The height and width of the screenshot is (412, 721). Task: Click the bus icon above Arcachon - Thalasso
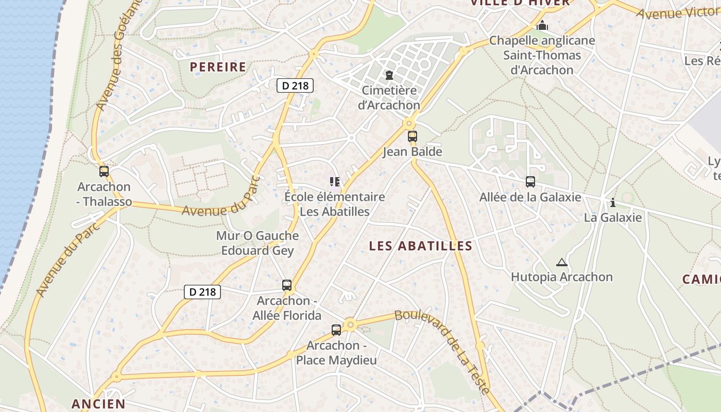point(104,171)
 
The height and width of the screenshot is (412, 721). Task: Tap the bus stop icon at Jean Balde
point(413,136)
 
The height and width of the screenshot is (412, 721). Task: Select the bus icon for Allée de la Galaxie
point(530,182)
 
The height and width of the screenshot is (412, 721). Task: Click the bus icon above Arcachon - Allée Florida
point(287,285)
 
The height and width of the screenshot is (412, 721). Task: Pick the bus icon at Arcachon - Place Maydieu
point(336,330)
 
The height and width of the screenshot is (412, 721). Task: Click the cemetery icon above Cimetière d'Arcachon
point(389,76)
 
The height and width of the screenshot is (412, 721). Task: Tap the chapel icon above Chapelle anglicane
point(542,25)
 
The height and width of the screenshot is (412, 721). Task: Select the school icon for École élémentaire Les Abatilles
point(335,181)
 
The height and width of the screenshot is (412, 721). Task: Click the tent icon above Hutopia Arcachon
point(561,262)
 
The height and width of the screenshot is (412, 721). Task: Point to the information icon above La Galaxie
point(613,202)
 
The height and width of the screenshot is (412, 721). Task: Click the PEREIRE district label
point(218,67)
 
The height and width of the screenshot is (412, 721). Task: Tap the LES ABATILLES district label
point(420,246)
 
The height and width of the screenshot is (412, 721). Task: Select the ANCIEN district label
point(98,404)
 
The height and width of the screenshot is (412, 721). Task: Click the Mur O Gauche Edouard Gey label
point(257,243)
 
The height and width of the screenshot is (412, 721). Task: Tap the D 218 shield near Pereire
point(296,85)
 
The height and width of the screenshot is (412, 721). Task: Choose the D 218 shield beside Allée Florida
point(202,292)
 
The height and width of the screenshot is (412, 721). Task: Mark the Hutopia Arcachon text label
point(561,277)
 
